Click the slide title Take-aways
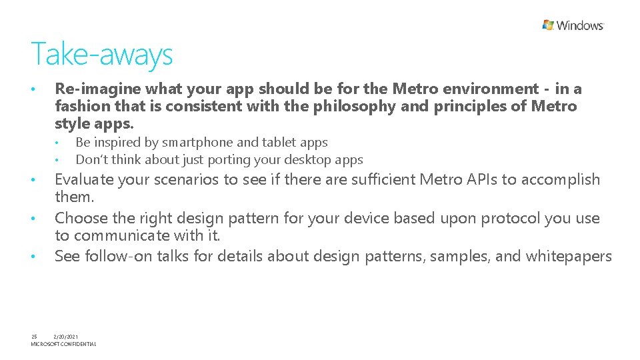(x=101, y=54)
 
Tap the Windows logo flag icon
(x=548, y=25)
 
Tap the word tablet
(x=278, y=142)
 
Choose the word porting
(x=224, y=160)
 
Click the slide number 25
(x=34, y=337)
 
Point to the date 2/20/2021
(x=65, y=337)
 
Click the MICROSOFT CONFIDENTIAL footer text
(x=63, y=344)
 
